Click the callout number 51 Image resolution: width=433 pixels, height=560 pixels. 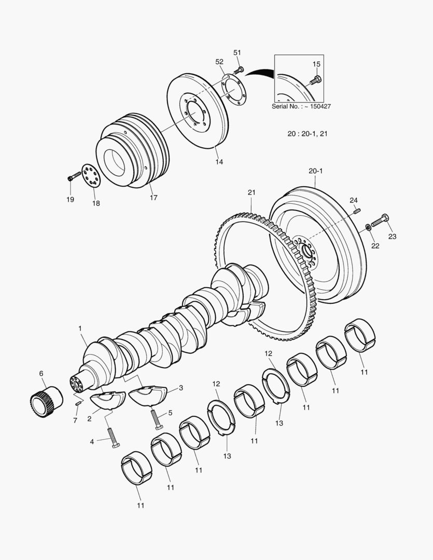(x=237, y=52)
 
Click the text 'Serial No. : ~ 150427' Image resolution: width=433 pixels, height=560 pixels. (x=301, y=106)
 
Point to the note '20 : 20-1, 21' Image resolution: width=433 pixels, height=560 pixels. (x=308, y=134)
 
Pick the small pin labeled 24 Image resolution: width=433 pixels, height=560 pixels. (x=357, y=210)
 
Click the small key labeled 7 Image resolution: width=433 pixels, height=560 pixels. (x=78, y=402)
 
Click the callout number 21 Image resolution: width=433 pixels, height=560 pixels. (x=252, y=192)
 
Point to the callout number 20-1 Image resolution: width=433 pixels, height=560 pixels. (x=315, y=171)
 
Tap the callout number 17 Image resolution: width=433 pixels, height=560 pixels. (x=153, y=197)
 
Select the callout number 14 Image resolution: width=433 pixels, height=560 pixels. (x=219, y=162)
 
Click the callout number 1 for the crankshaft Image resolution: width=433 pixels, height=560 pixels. (x=80, y=328)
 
